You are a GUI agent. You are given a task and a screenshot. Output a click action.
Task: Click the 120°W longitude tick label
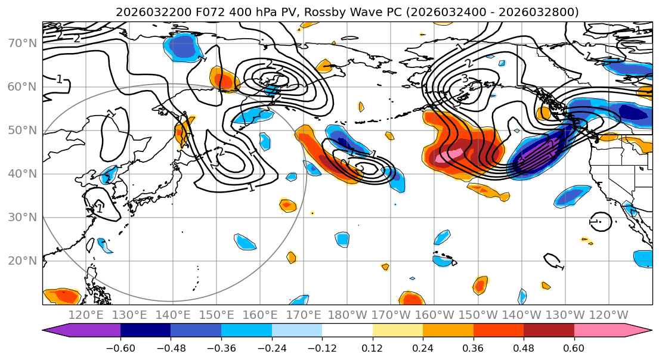[608, 315]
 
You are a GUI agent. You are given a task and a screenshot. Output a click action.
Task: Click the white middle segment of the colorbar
[347, 331]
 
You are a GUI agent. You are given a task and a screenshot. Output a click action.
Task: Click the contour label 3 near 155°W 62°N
[465, 79]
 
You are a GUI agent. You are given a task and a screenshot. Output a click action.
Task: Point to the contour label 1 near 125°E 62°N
[59, 79]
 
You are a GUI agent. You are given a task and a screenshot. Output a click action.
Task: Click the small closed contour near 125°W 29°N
[601, 221]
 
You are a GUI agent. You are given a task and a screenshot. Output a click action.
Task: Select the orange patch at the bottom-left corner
[61, 296]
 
